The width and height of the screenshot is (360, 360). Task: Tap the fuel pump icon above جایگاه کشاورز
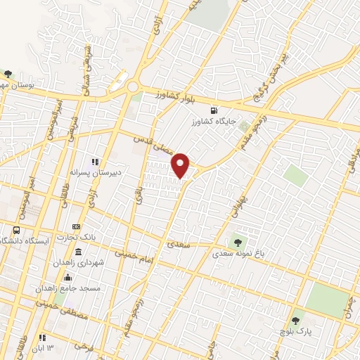pos(214,110)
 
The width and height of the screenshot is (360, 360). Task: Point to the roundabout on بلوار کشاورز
pos(132,87)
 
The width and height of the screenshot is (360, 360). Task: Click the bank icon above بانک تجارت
pos(76,226)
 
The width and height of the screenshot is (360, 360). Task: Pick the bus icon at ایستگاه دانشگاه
pos(16,230)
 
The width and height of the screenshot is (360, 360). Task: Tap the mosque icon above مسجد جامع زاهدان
pos(67,277)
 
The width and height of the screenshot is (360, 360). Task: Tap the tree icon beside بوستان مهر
pos(8,73)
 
